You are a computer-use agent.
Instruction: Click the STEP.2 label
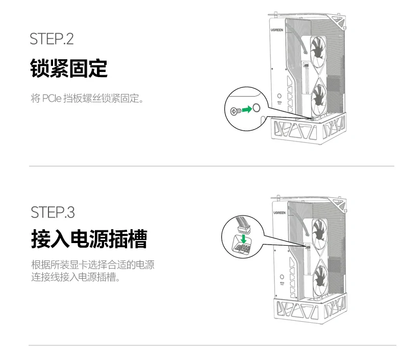(x=52, y=39)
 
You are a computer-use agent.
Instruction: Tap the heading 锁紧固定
(x=69, y=68)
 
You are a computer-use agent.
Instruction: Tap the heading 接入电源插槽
(x=89, y=238)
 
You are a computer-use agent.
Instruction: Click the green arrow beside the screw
(x=246, y=109)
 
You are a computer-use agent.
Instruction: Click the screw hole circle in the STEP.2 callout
(x=257, y=107)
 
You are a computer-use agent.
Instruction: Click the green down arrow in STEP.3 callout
(x=244, y=238)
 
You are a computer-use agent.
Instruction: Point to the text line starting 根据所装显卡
(x=92, y=266)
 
